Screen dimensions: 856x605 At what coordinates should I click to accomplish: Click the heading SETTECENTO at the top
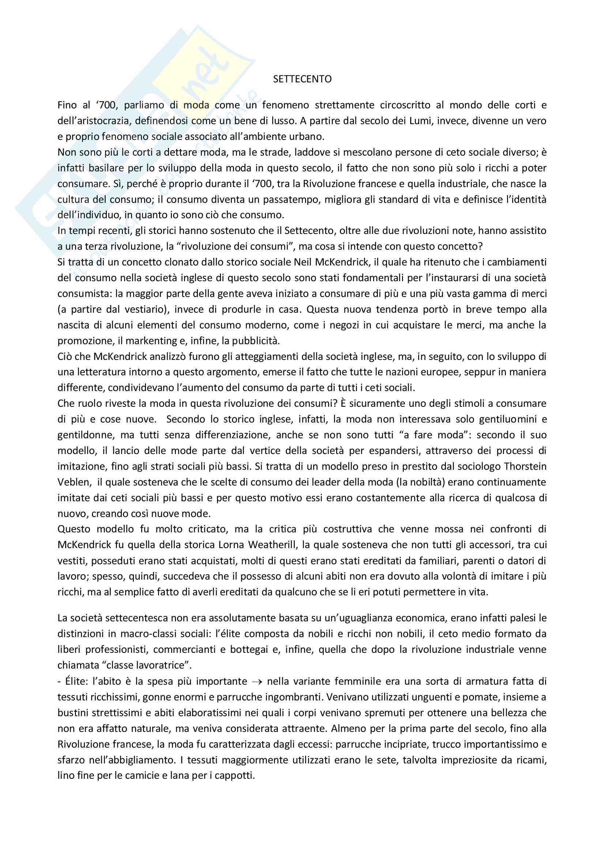point(302,79)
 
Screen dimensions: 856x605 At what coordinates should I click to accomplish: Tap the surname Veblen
point(74,482)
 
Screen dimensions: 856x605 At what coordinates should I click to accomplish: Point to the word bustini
point(73,713)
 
